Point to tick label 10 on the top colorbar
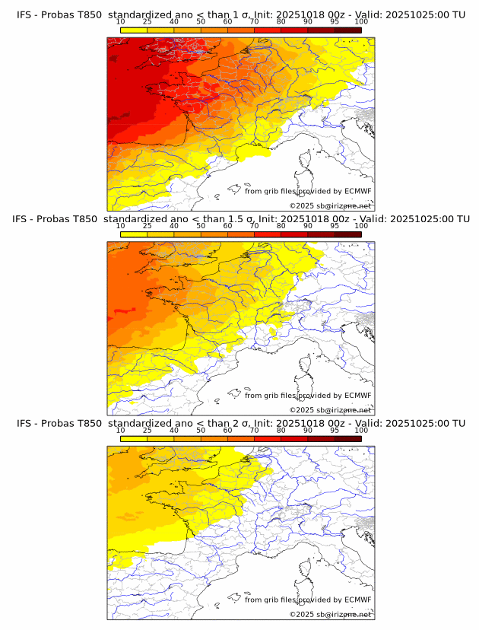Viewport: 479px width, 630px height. tap(120, 22)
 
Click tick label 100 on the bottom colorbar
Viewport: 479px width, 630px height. tap(361, 430)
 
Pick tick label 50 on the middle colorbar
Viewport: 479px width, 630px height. tap(201, 226)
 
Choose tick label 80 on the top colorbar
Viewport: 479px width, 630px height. tap(281, 22)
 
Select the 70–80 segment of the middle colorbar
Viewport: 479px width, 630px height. tap(268, 234)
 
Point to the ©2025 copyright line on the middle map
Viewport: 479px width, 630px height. tap(330, 410)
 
